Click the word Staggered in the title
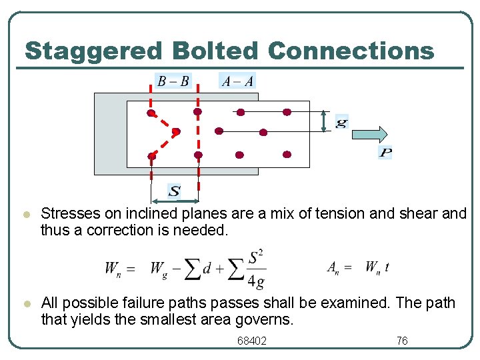(93, 51)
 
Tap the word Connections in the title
(351, 51)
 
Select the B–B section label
(173, 81)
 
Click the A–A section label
(237, 81)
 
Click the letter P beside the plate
(385, 153)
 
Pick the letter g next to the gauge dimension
(341, 123)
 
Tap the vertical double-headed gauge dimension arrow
(323, 121)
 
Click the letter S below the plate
(174, 192)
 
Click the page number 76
(402, 341)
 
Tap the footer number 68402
(252, 341)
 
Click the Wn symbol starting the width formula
(112, 269)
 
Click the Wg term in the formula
(159, 269)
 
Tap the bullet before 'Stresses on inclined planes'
(25, 215)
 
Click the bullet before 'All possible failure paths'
(25, 304)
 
